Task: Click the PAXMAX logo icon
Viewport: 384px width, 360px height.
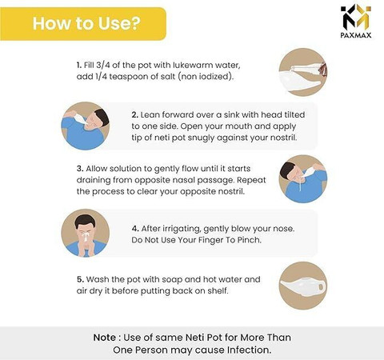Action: tap(356, 16)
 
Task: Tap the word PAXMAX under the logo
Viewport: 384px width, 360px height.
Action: tap(356, 35)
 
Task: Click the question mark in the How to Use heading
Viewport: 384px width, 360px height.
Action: tap(134, 23)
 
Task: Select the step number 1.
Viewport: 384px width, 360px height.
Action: tap(78, 65)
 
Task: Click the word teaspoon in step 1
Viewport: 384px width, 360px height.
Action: tap(127, 77)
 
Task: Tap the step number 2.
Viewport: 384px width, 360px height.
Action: tap(134, 115)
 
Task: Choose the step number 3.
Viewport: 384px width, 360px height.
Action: tap(80, 169)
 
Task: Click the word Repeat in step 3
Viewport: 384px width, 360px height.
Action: tap(251, 180)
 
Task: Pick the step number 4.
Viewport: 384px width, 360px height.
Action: tap(135, 229)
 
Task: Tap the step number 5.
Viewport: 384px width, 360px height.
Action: tap(80, 279)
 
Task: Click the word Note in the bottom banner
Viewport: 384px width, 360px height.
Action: tap(105, 338)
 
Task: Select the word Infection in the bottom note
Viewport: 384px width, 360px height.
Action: tap(249, 350)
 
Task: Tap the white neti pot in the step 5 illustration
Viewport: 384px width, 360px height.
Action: tap(302, 286)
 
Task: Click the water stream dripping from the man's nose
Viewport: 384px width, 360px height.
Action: tap(301, 184)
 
